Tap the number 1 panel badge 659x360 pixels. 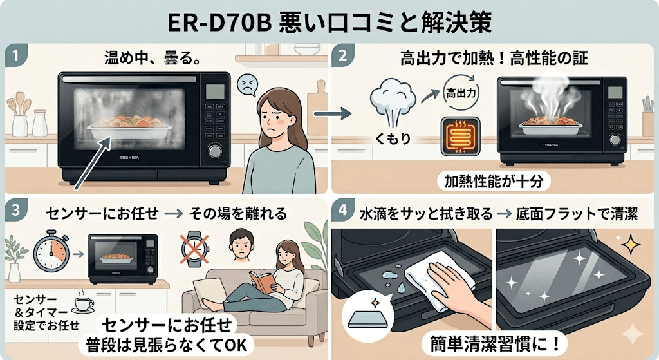click(14, 55)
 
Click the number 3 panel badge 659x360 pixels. click(14, 211)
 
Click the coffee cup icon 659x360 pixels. click(84, 305)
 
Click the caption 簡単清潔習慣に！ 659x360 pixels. click(494, 341)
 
